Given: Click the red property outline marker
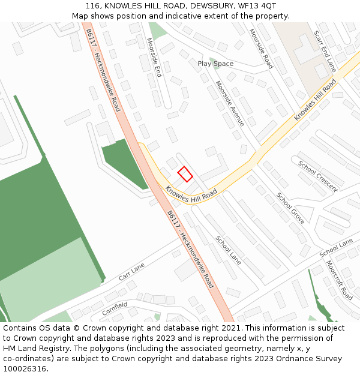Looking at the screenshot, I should [x=185, y=174].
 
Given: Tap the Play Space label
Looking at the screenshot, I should [x=215, y=64].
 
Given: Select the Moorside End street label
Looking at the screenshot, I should [x=154, y=58].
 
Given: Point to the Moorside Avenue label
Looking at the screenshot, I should [x=230, y=103].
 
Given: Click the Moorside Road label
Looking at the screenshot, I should [x=261, y=48].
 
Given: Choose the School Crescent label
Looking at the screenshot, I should [x=318, y=176].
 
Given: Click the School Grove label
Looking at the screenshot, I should [x=290, y=208].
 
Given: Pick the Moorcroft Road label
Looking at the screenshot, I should [x=339, y=280].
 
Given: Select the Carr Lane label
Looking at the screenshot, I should [x=133, y=272].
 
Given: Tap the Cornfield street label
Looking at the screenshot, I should [x=115, y=308].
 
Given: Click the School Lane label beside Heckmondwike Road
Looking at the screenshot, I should [x=229, y=250].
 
